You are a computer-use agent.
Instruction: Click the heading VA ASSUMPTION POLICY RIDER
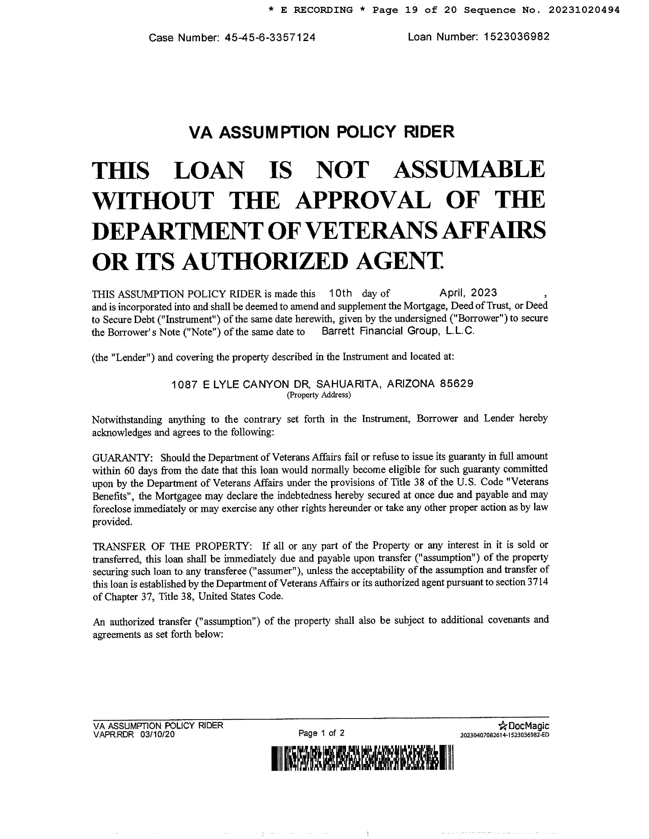tap(321, 132)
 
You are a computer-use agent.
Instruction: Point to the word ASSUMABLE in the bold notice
tap(469, 170)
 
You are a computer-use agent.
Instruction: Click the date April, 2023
tap(468, 293)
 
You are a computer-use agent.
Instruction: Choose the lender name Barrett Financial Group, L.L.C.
tap(398, 331)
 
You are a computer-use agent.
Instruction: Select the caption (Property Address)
tap(319, 395)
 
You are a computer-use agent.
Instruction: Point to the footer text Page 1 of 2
tap(321, 733)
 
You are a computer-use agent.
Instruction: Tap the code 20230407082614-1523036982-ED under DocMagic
tap(504, 735)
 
